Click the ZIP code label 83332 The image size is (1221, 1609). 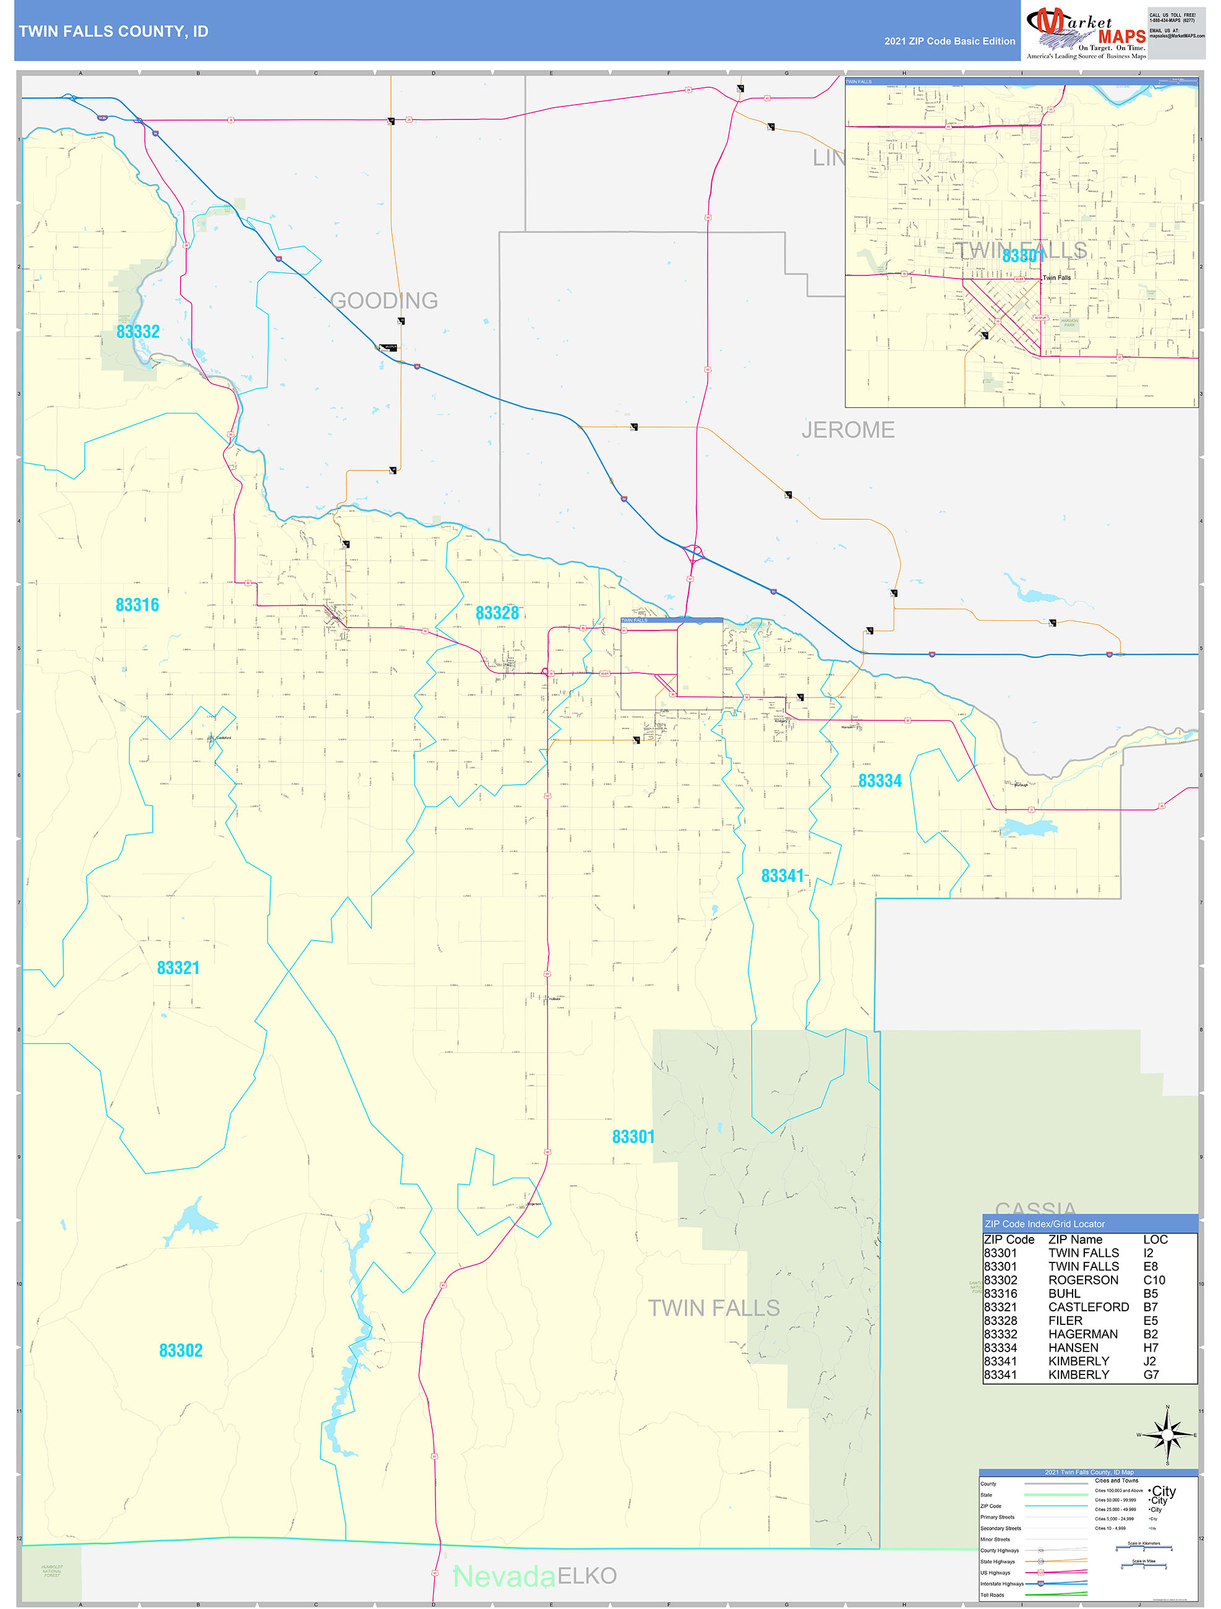tap(138, 332)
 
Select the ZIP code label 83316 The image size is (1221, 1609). tap(137, 605)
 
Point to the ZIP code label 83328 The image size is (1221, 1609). tap(497, 613)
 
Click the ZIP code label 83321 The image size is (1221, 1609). tap(178, 967)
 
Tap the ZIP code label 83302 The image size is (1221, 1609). tap(181, 1351)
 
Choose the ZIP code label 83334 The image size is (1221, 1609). tap(880, 780)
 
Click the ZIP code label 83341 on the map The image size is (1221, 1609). tap(782, 876)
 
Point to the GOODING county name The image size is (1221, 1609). tap(384, 300)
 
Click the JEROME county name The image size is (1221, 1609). tap(848, 430)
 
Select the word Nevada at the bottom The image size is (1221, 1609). tap(504, 1576)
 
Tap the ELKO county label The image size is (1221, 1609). tap(588, 1576)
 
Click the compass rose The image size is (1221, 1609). tap(1167, 1434)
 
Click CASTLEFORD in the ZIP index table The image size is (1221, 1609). tap(1089, 1307)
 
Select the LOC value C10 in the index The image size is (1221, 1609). tap(1154, 1280)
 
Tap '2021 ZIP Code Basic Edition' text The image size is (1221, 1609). tap(949, 41)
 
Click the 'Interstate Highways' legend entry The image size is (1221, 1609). tap(1001, 1584)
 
